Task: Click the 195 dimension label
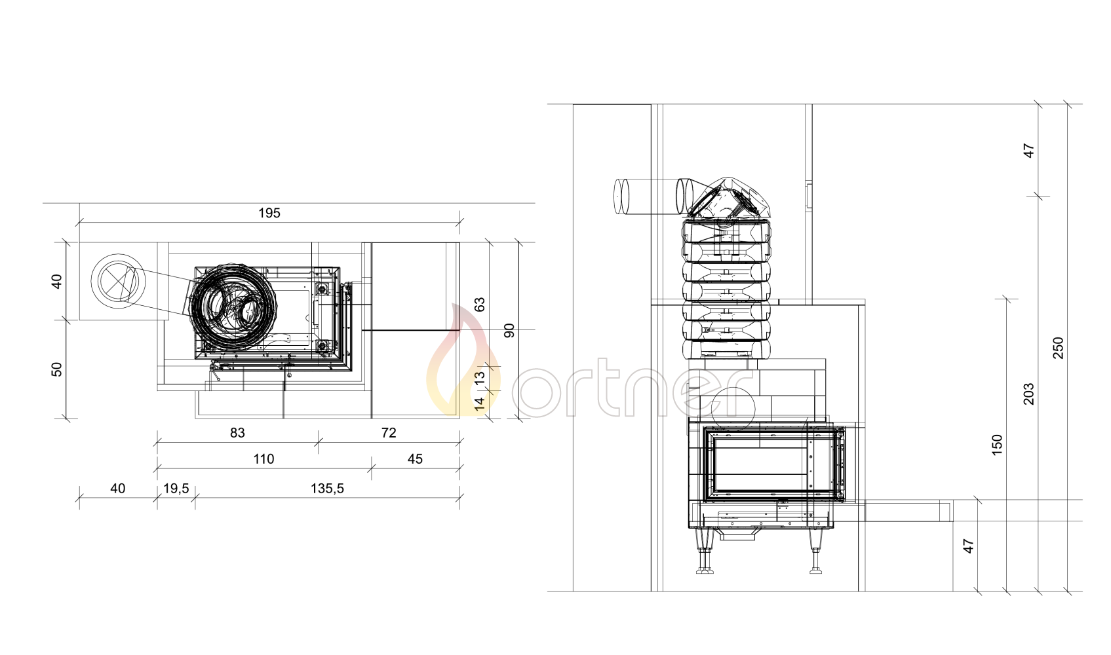(269, 213)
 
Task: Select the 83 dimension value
(237, 433)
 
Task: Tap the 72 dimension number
(389, 433)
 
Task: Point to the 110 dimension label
(264, 459)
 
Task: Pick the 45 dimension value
(415, 459)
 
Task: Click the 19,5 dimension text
(176, 489)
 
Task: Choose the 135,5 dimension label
(327, 489)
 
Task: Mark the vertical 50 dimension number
(57, 369)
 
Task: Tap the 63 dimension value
(480, 304)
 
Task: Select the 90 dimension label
(509, 331)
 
